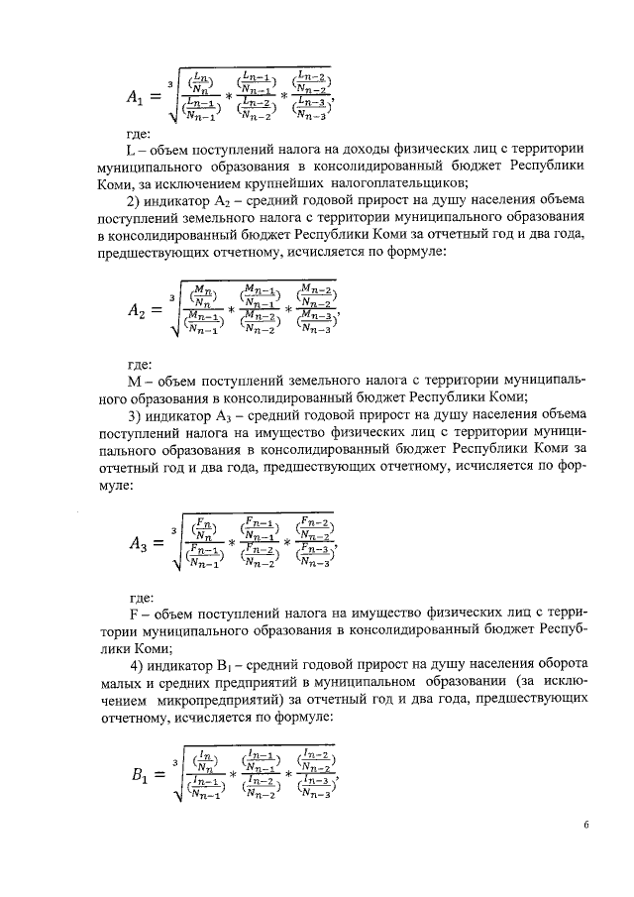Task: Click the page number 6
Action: click(585, 823)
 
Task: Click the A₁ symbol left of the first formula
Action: click(136, 97)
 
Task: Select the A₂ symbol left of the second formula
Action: click(137, 310)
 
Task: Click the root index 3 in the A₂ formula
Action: click(172, 294)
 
